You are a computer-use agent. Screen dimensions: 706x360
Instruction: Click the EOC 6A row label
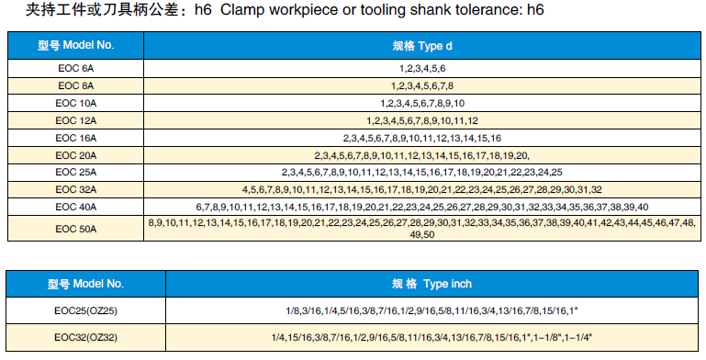coord(75,69)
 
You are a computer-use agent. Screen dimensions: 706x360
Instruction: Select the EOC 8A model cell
coord(75,85)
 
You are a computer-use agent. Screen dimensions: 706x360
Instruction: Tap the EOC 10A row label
coord(75,103)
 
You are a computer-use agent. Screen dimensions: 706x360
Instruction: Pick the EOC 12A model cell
coord(75,120)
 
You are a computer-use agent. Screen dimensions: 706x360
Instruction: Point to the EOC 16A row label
coord(75,138)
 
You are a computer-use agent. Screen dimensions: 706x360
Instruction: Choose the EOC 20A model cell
coord(75,155)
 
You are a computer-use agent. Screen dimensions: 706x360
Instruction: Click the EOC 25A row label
coord(75,172)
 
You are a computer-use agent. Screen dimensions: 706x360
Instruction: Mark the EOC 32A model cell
coord(75,190)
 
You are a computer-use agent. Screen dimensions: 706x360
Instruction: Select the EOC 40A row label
coord(75,207)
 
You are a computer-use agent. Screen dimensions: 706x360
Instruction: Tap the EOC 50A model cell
coord(75,229)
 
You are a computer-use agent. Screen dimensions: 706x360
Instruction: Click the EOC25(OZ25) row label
coord(85,311)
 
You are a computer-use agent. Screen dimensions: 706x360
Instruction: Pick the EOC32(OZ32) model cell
coord(85,337)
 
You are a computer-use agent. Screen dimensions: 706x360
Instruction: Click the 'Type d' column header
coord(422,46)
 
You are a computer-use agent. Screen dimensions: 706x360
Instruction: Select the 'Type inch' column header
coord(431,284)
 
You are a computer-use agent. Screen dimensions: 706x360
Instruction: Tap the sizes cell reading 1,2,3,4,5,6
coord(422,69)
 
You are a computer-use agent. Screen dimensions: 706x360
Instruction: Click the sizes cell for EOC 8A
coord(422,85)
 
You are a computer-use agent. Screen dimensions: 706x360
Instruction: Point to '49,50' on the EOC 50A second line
coord(422,235)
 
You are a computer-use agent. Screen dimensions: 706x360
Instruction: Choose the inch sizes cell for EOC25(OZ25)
coord(431,311)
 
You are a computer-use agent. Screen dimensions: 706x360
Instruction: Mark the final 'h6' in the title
coord(535,9)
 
